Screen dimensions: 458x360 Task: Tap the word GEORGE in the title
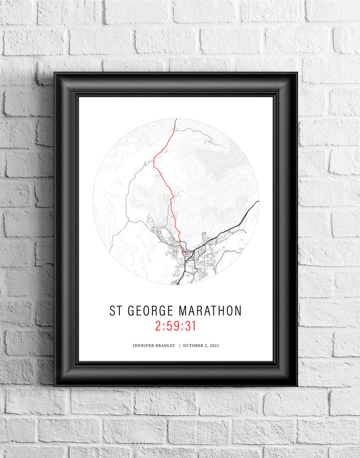coord(149,311)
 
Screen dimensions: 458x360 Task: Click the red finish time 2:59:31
coord(176,326)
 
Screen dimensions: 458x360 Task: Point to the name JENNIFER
coord(144,346)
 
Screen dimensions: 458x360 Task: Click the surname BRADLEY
coord(165,346)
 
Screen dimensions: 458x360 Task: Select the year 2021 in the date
coord(215,346)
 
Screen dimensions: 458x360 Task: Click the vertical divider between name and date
coord(179,346)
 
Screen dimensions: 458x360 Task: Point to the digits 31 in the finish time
coord(191,326)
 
